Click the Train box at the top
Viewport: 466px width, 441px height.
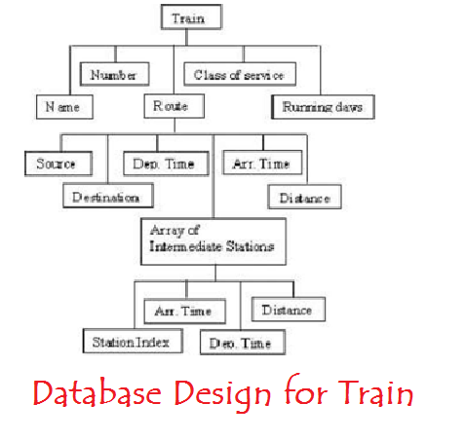pyautogui.click(x=191, y=17)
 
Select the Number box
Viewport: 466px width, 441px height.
pyautogui.click(x=114, y=74)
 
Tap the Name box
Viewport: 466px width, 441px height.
pyautogui.click(x=64, y=107)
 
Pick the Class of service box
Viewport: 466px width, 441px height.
pyautogui.click(x=240, y=74)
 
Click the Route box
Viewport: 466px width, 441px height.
pyautogui.click(x=174, y=106)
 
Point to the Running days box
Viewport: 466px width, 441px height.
pyautogui.click(x=323, y=107)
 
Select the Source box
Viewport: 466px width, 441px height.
pyautogui.click(x=58, y=164)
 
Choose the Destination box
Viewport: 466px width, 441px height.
pyautogui.click(x=108, y=196)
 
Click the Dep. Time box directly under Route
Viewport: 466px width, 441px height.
pyautogui.click(x=166, y=164)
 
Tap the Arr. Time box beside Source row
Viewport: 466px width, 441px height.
pyautogui.click(x=262, y=163)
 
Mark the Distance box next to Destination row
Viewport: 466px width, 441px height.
pyautogui.click(x=304, y=197)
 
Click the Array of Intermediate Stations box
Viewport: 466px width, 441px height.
pyautogui.click(x=214, y=241)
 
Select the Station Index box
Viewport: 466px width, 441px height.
pyautogui.click(x=133, y=341)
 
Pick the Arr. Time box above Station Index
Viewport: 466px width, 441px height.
pyautogui.click(x=184, y=312)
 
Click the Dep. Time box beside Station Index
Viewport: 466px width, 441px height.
pyautogui.click(x=243, y=343)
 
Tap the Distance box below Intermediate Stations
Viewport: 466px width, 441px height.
pyautogui.click(x=289, y=310)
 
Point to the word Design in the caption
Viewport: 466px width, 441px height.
pyautogui.click(x=222, y=394)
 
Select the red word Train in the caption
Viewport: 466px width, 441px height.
pyautogui.click(x=376, y=390)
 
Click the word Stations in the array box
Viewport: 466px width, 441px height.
pyautogui.click(x=250, y=246)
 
